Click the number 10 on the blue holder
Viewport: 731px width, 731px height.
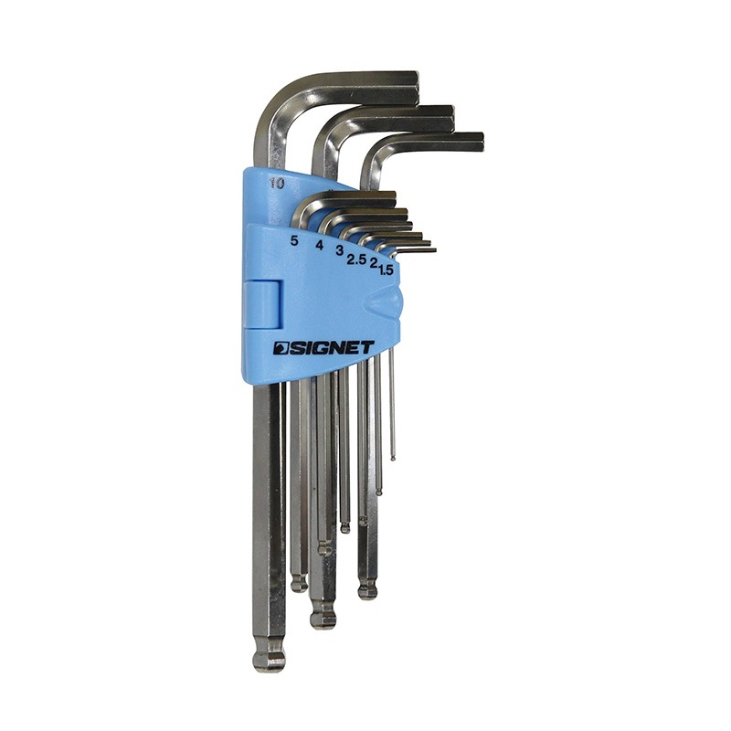277,184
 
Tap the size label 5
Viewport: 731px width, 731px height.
293,240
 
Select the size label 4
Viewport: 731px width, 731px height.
319,245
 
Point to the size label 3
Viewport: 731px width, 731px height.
340,249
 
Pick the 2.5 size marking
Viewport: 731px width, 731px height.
355,260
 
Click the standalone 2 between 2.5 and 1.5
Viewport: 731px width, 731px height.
373,263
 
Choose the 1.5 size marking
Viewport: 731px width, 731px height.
386,270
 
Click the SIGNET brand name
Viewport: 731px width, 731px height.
323,348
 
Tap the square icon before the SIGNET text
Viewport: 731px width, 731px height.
281,348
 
